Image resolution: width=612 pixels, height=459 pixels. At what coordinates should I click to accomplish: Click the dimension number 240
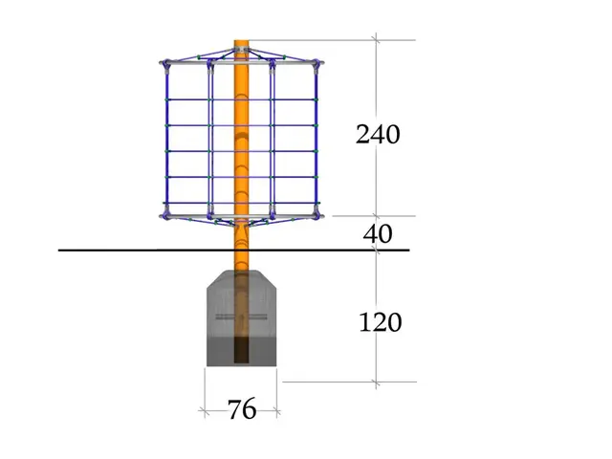[378, 135]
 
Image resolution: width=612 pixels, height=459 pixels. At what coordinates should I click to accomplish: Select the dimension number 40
[378, 234]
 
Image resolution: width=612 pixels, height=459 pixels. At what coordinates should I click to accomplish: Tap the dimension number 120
[381, 322]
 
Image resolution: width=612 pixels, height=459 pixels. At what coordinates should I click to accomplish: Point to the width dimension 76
[242, 409]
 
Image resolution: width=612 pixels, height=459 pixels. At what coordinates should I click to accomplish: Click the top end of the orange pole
[242, 40]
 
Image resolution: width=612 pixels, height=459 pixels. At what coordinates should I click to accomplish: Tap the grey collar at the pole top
[242, 50]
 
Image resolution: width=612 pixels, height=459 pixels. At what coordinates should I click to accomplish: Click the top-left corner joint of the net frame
[166, 65]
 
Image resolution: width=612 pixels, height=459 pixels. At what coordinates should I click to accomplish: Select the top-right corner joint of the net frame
[317, 65]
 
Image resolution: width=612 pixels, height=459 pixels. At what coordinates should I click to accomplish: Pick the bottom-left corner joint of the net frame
[165, 214]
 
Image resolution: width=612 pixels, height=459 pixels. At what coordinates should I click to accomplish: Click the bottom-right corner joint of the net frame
[317, 214]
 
